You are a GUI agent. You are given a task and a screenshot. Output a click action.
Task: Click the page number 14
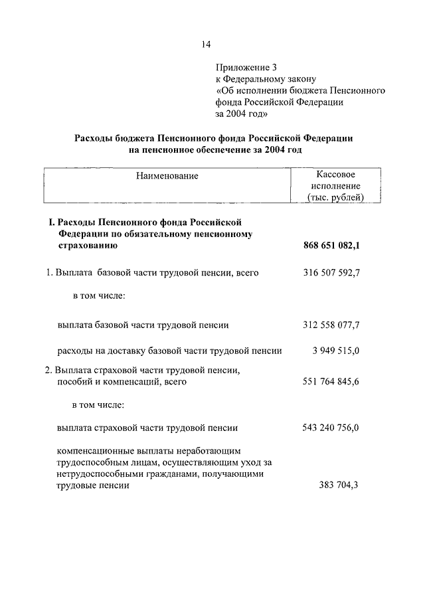click(x=206, y=44)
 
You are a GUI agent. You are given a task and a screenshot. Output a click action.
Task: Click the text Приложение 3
click(x=245, y=67)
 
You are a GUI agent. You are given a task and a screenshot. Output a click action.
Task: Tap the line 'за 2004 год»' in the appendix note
click(x=241, y=114)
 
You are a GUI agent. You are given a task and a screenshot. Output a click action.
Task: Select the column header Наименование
click(x=167, y=176)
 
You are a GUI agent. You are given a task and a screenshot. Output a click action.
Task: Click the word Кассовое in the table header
click(x=335, y=173)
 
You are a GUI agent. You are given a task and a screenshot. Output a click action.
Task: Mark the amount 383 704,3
click(x=339, y=485)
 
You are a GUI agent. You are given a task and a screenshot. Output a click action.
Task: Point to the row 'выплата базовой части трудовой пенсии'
click(x=143, y=325)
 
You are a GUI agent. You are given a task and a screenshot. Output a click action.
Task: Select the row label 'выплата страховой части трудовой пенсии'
click(x=147, y=428)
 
